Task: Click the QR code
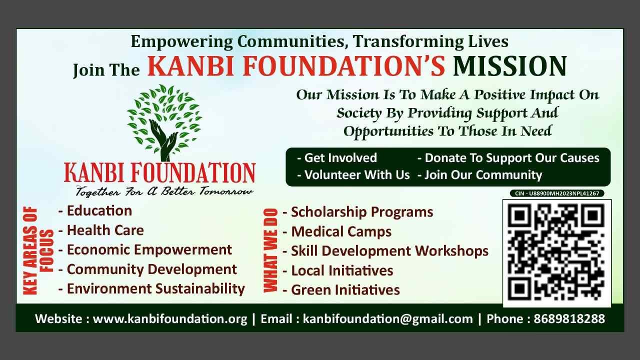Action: pos(557,253)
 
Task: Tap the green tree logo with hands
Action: pos(164,122)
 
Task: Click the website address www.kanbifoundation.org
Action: pos(170,319)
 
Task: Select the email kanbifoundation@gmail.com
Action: pos(387,319)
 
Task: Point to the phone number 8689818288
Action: pos(569,319)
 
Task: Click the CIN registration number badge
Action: pos(557,193)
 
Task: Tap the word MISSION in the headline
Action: pos(509,66)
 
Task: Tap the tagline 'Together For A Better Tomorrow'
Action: pos(164,191)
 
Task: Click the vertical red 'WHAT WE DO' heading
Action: pos(270,250)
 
